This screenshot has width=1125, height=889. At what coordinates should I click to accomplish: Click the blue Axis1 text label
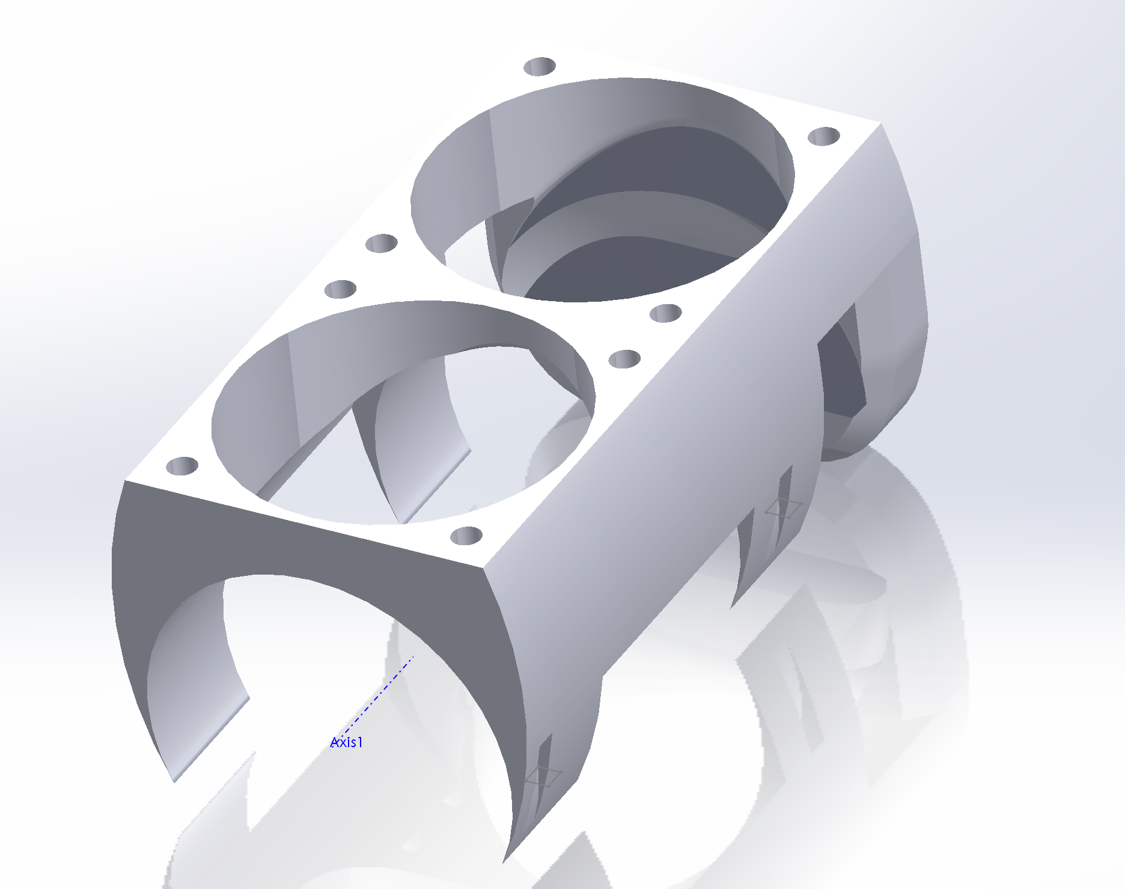347,742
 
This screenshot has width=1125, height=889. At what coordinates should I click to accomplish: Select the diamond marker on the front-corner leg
544,777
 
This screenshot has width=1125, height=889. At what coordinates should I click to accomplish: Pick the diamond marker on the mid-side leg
784,509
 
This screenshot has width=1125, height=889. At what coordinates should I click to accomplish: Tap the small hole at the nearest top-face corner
466,536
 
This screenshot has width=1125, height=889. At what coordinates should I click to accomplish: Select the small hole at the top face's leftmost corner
182,466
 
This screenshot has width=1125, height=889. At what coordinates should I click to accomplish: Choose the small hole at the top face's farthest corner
540,66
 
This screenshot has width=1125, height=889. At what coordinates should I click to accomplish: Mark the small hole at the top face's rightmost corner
824,136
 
